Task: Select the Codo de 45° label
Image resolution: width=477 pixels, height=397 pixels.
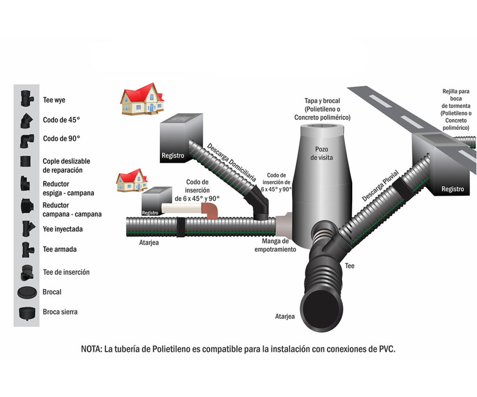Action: point(61,120)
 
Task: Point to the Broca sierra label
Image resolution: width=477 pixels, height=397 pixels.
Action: point(60,312)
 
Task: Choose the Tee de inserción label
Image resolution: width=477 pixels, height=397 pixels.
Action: point(66,272)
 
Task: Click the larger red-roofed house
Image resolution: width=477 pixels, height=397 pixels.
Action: point(142,99)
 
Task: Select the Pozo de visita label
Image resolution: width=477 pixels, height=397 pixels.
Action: point(321,153)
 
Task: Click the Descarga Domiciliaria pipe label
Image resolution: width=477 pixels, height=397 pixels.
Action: point(232,161)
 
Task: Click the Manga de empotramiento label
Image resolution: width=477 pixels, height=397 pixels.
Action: point(275,245)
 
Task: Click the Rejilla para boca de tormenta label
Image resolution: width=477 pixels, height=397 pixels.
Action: point(457,109)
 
